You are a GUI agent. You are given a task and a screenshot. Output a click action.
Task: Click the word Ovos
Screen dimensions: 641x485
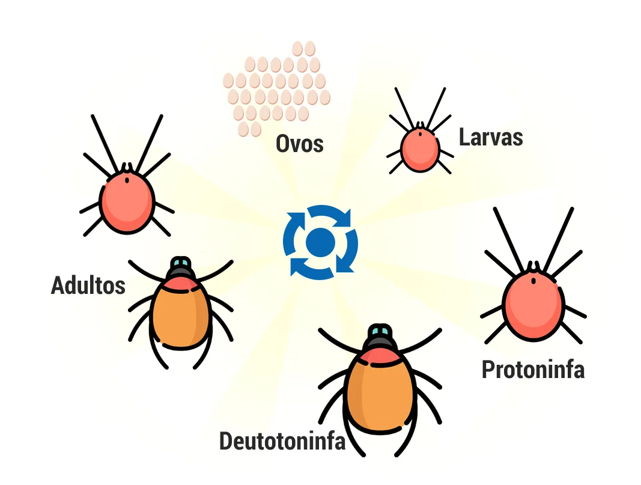pos(300,144)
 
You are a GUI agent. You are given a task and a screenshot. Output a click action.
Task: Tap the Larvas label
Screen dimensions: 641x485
pos(491,137)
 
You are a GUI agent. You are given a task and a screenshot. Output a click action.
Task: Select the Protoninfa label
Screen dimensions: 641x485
pos(533,370)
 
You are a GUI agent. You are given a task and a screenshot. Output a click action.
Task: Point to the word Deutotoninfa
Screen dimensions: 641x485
pos(282,441)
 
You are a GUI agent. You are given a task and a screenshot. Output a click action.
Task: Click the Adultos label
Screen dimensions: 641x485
pos(88,285)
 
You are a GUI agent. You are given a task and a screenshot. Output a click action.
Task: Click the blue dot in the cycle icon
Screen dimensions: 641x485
pos(321,243)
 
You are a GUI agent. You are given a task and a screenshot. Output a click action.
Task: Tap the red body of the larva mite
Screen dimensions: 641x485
pos(420,149)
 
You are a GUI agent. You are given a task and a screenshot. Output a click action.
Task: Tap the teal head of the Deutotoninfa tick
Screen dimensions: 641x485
pos(380,331)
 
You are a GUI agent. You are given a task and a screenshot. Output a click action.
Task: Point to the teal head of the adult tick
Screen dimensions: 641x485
pos(180,262)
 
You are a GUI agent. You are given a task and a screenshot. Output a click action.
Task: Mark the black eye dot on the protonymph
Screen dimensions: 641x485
pos(533,281)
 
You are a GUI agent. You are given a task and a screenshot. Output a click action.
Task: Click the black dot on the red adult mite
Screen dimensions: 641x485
pos(127,180)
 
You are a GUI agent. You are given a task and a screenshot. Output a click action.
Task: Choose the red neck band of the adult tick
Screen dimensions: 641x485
pos(180,283)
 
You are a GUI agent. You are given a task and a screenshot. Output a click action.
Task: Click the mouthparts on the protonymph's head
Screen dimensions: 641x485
pos(533,267)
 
